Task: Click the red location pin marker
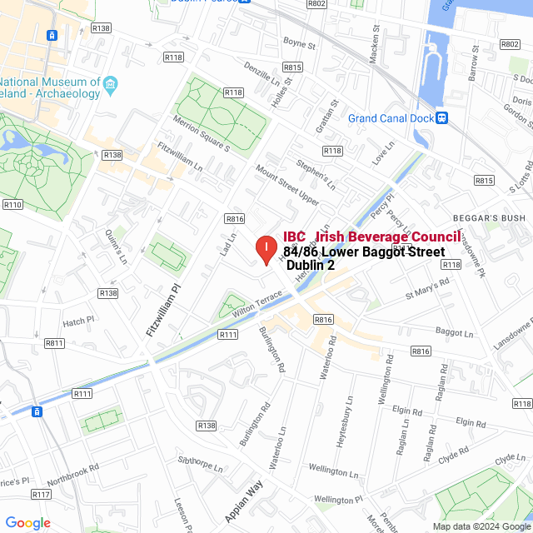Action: click(266, 249)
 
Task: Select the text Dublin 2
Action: click(311, 266)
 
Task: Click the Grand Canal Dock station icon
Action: click(442, 118)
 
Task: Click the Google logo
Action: click(27, 522)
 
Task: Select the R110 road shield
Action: click(12, 204)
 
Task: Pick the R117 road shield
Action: click(41, 494)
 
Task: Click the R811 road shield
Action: click(55, 343)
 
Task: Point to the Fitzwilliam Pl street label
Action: click(163, 311)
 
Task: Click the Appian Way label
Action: click(243, 501)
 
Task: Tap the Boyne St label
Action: click(300, 42)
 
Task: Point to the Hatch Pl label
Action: click(80, 321)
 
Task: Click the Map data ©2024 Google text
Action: click(481, 526)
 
